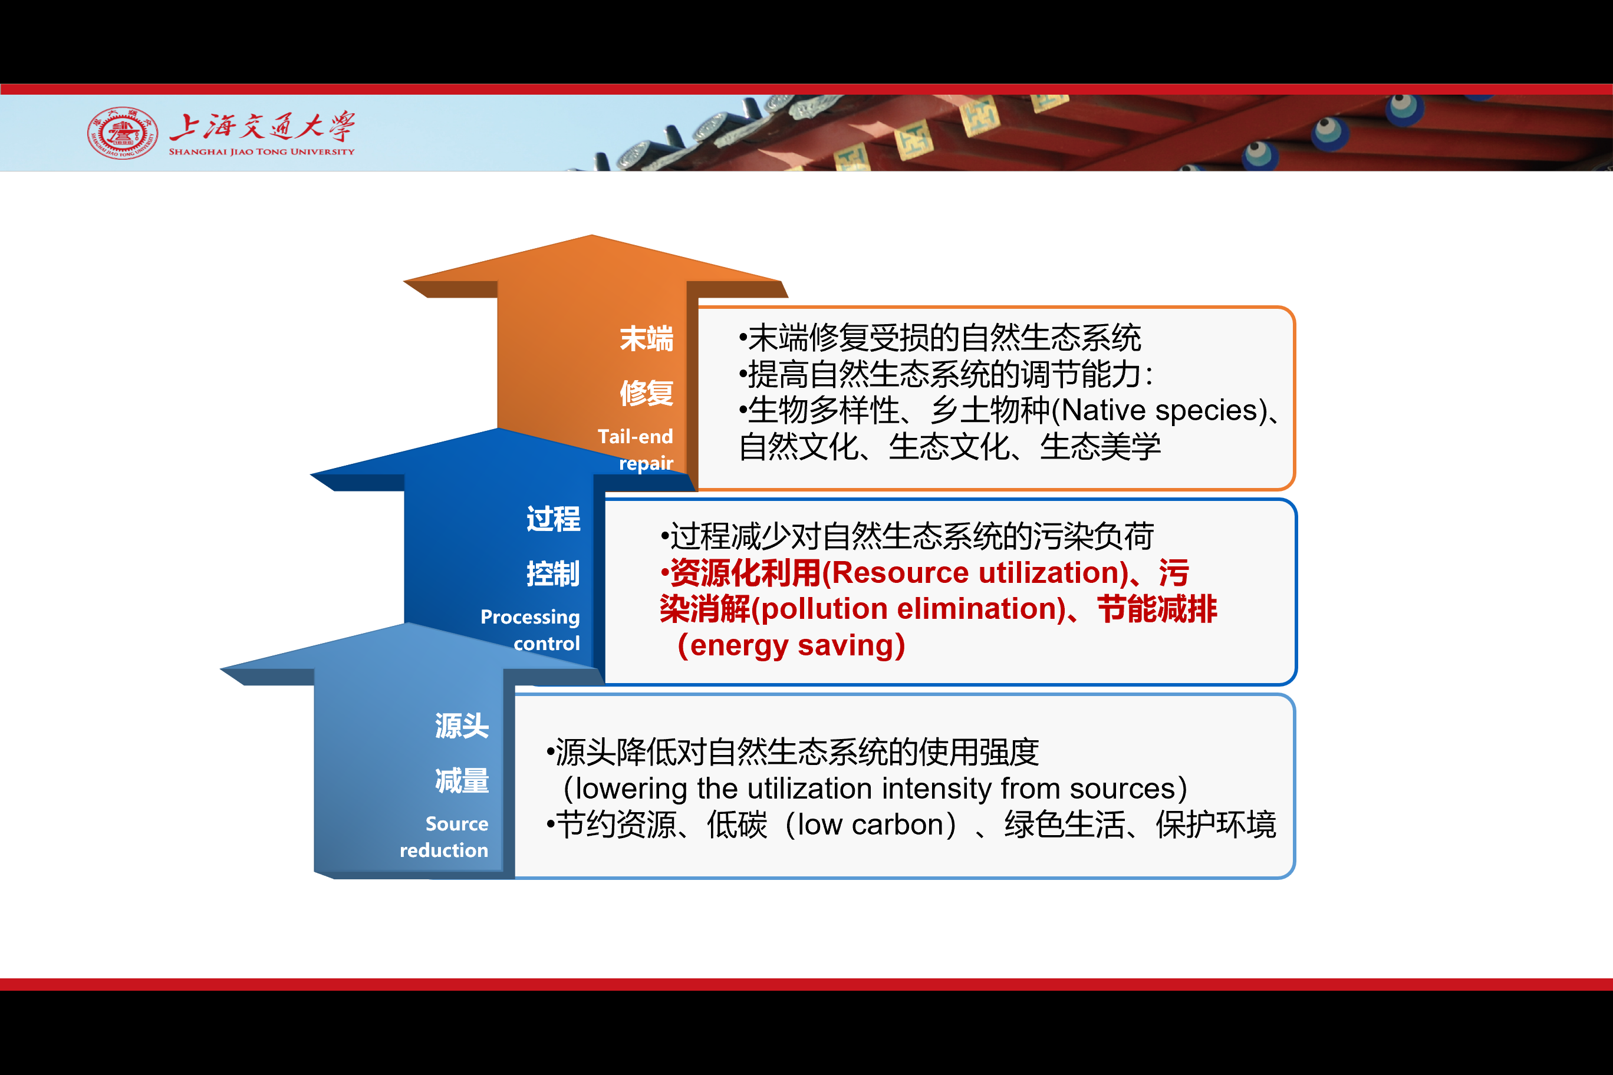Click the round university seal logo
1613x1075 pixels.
[x=123, y=133]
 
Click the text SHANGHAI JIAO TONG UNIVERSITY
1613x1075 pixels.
[x=262, y=151]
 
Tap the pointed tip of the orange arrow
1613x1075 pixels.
[x=592, y=236]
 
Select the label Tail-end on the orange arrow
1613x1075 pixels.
[x=635, y=436]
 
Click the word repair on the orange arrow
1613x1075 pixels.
[x=646, y=463]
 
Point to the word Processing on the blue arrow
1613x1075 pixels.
[x=530, y=617]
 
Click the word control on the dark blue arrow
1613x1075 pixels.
[x=547, y=643]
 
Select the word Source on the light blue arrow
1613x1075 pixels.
[x=457, y=823]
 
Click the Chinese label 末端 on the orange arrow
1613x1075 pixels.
[x=646, y=339]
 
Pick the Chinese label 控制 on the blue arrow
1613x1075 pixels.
[x=553, y=574]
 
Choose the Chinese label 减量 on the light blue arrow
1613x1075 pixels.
[x=462, y=781]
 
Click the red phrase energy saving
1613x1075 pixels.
[x=791, y=646]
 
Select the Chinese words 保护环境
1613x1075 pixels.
[x=1215, y=825]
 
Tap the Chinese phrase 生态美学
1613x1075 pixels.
[x=1100, y=447]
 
